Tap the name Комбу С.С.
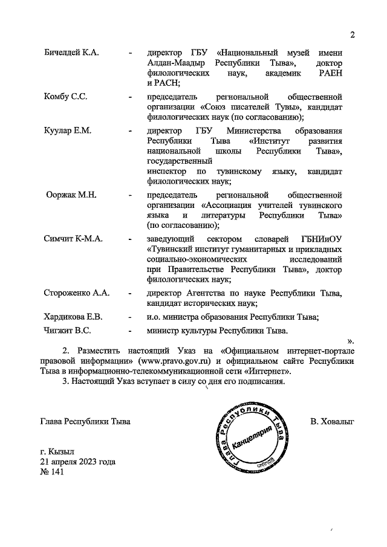tap(65, 97)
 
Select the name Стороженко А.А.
tap(76, 293)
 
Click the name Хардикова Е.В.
tap(74, 317)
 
